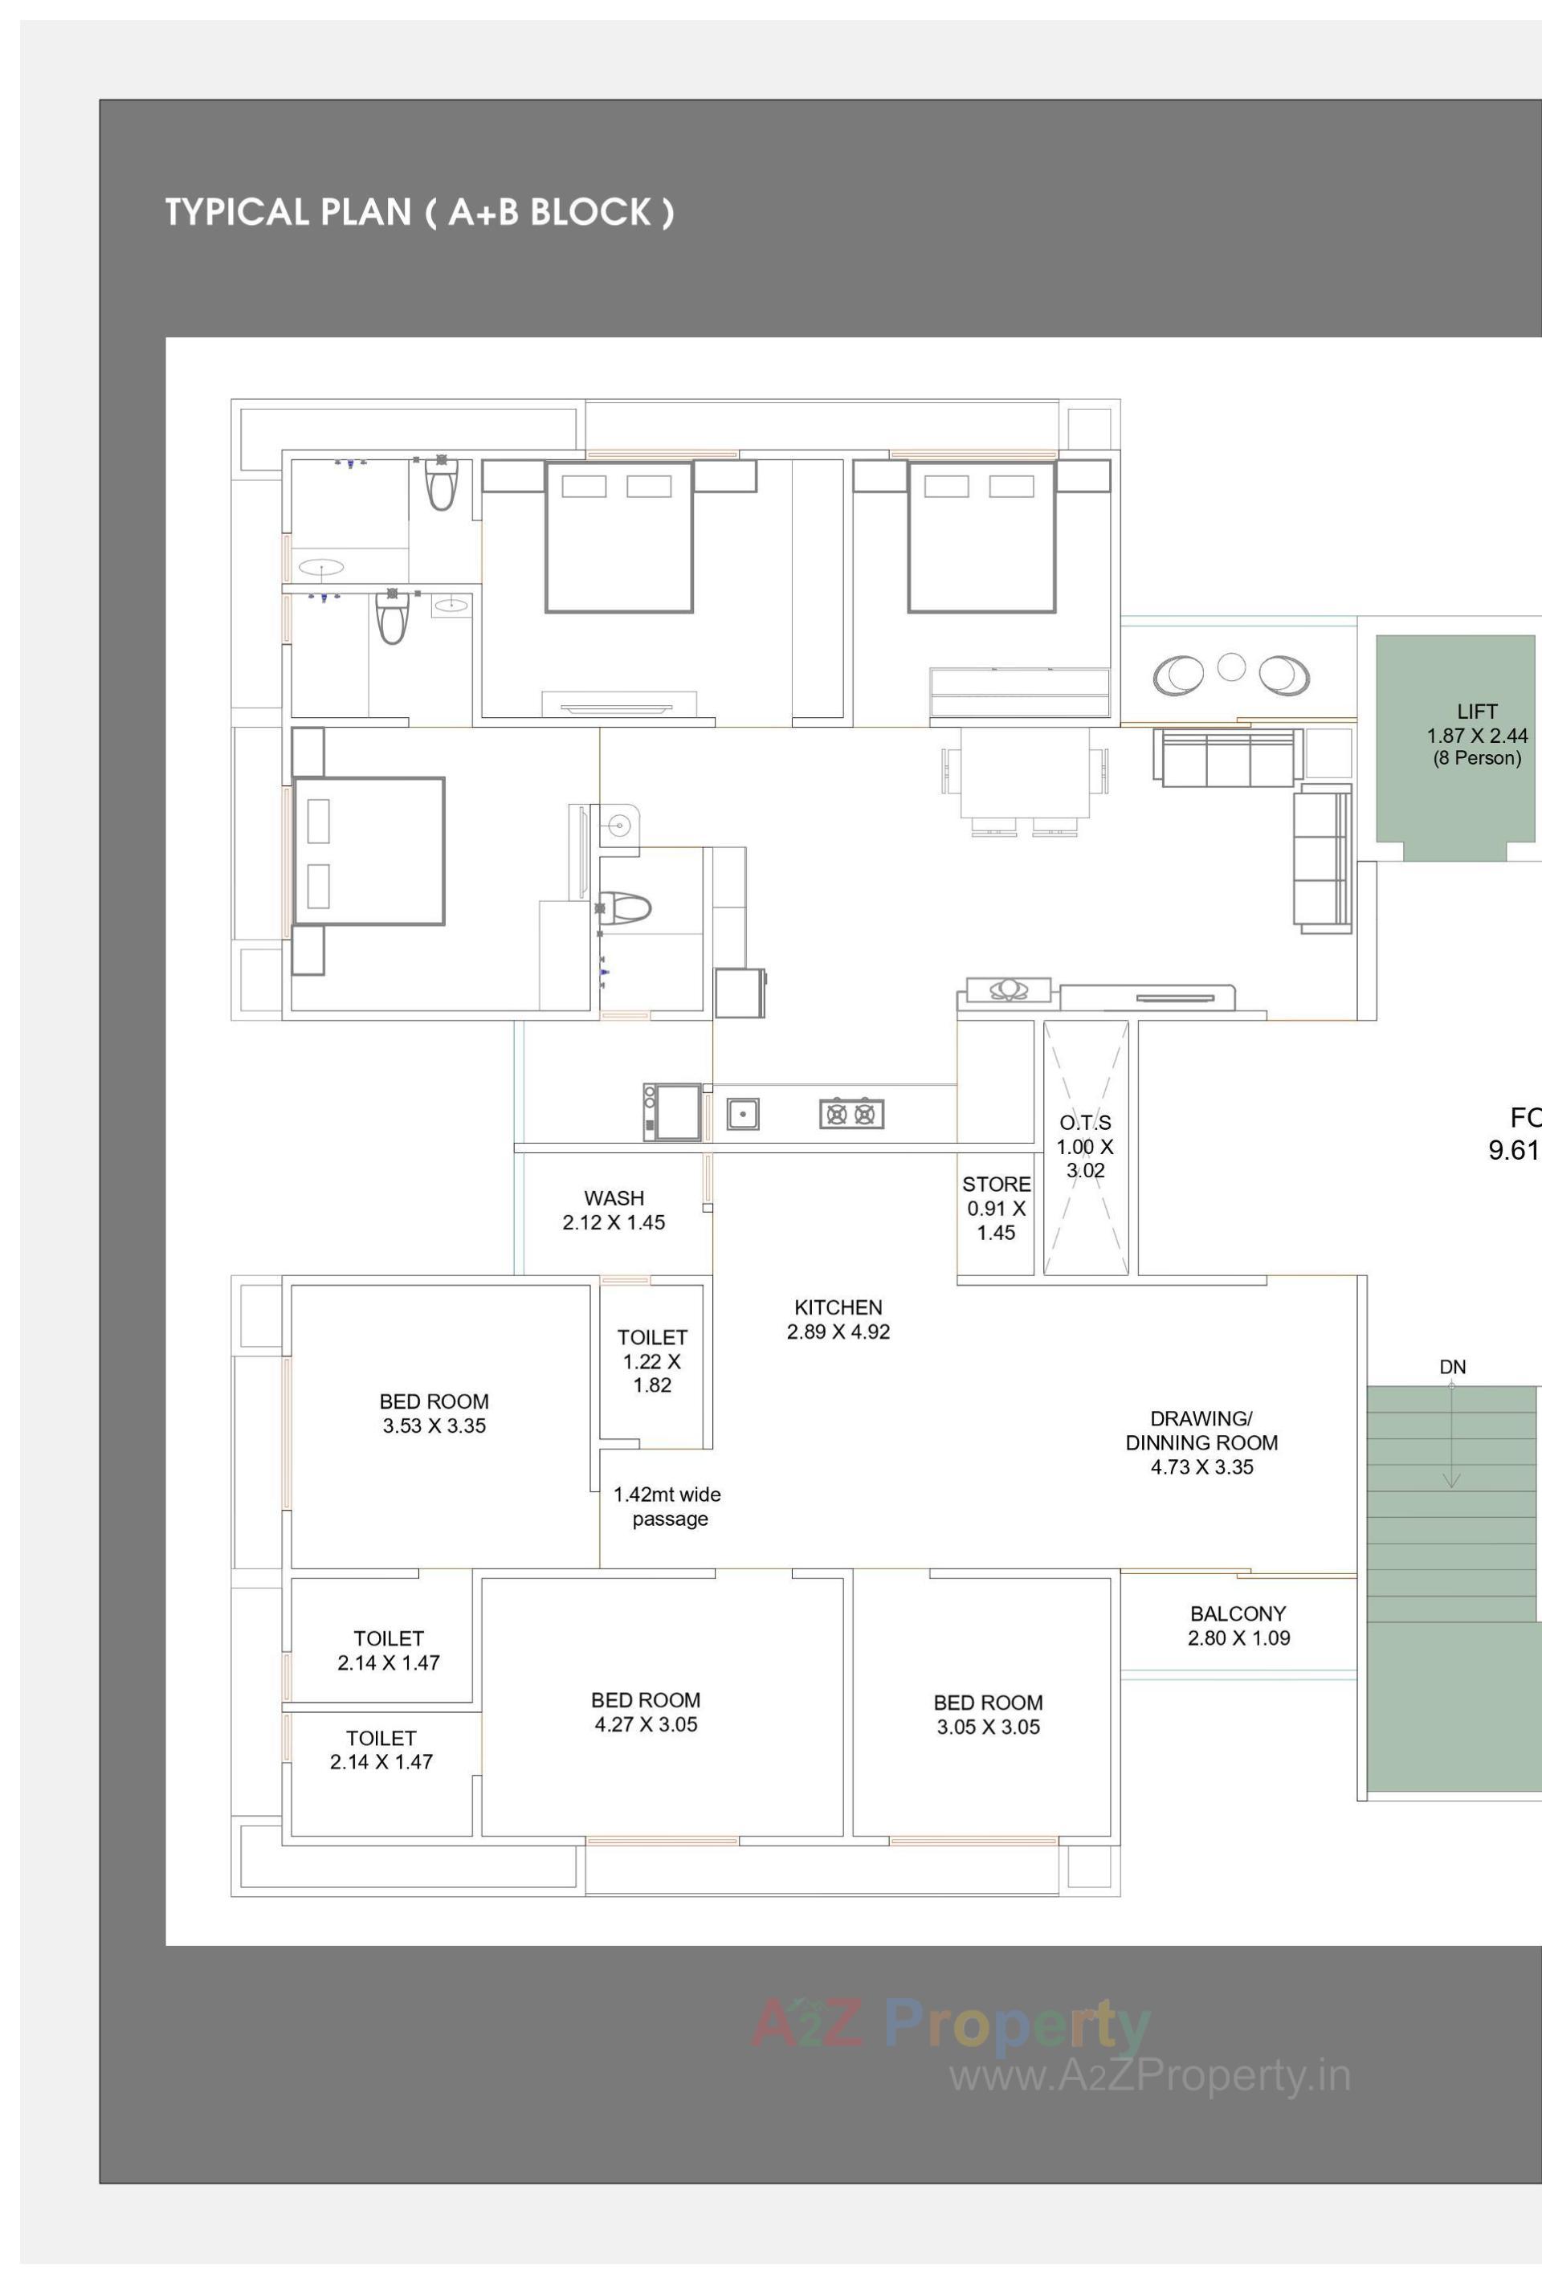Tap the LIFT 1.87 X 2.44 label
coord(1476,734)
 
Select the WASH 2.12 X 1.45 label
coord(614,1209)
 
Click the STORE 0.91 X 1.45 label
coord(996,1208)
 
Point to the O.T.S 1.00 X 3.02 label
coord(1085,1146)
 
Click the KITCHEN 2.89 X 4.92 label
coord(838,1319)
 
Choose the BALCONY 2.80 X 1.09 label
coord(1238,1625)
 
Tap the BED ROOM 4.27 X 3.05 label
coord(646,1712)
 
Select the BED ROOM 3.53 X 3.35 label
coord(434,1413)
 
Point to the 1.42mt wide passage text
coord(667,1506)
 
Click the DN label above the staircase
coord(1451,1367)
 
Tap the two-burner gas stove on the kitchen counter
coord(851,1114)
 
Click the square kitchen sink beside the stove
coord(743,1114)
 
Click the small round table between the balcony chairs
coord(1230,667)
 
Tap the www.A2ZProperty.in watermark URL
coord(1149,2074)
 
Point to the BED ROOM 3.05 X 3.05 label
coord(988,1714)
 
